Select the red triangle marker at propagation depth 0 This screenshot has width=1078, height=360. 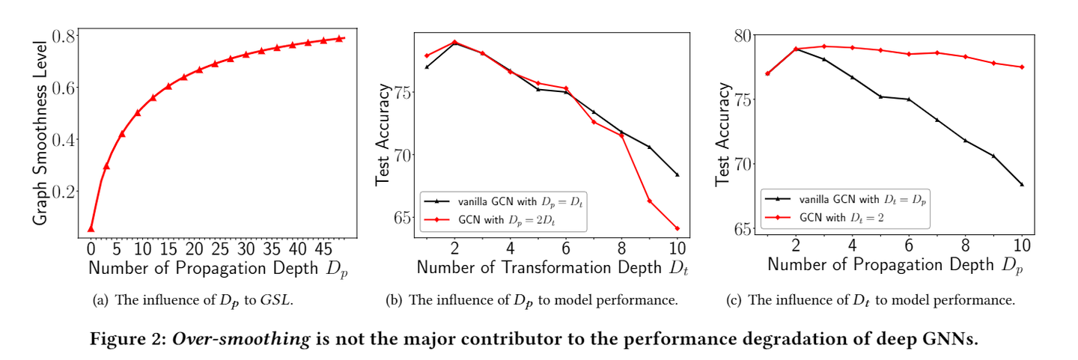[x=91, y=228]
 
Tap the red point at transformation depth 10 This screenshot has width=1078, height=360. [x=677, y=228]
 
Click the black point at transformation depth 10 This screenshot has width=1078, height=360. [x=677, y=174]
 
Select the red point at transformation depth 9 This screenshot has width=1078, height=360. [x=649, y=201]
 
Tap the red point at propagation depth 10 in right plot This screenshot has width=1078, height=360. [x=1021, y=67]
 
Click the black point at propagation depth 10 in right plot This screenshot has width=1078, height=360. [x=1021, y=184]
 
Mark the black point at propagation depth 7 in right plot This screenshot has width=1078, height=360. [x=937, y=120]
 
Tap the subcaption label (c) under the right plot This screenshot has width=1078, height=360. [x=736, y=301]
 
